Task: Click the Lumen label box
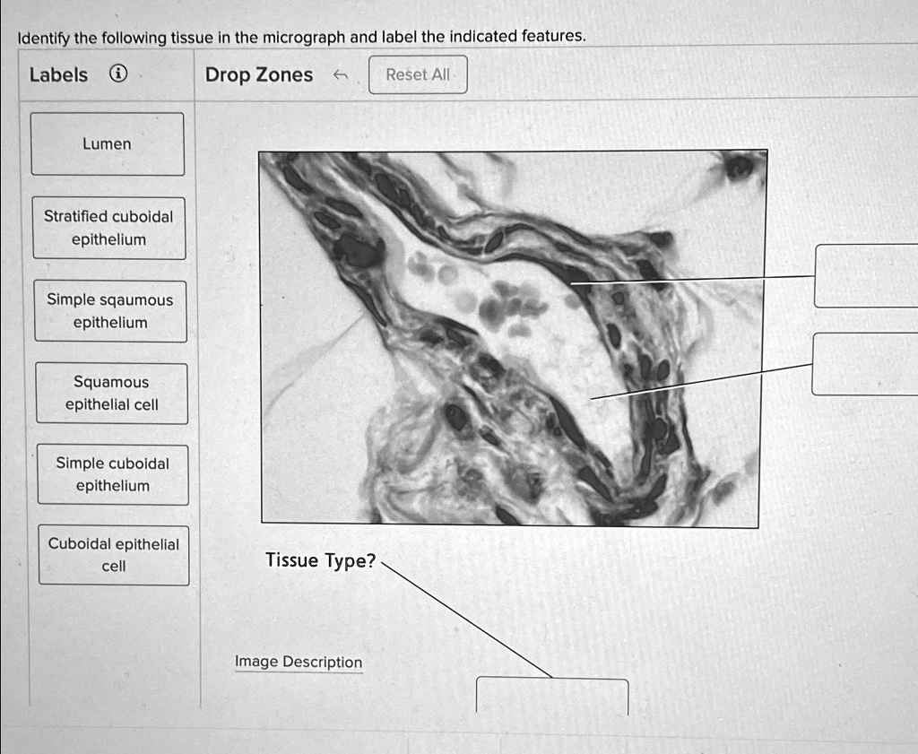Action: coord(107,143)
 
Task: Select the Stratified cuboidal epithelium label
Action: coord(108,228)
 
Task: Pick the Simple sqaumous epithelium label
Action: coord(110,310)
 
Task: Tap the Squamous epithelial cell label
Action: coord(112,393)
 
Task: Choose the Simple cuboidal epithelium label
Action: coord(113,474)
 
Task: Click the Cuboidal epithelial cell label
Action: coord(114,555)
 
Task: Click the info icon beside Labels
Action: coord(117,74)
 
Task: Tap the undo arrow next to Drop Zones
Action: coord(339,75)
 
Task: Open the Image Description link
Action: coord(299,662)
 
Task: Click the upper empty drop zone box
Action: coord(866,275)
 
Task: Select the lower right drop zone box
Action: coord(864,363)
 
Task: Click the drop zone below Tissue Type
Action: coord(551,696)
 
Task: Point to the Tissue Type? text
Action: coord(320,560)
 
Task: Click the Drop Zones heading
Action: coord(259,74)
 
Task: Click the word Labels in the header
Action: coord(58,74)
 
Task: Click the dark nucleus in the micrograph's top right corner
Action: coord(740,167)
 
